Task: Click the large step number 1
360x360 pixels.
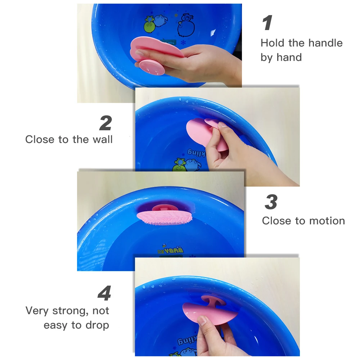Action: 267,23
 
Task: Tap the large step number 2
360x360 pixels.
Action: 105,123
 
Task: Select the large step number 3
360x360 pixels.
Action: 271,202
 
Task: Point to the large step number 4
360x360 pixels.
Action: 104,294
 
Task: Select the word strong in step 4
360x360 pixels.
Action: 70,311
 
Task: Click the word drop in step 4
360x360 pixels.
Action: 97,325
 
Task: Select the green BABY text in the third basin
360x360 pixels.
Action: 171,250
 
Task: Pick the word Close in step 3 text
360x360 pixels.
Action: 276,221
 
